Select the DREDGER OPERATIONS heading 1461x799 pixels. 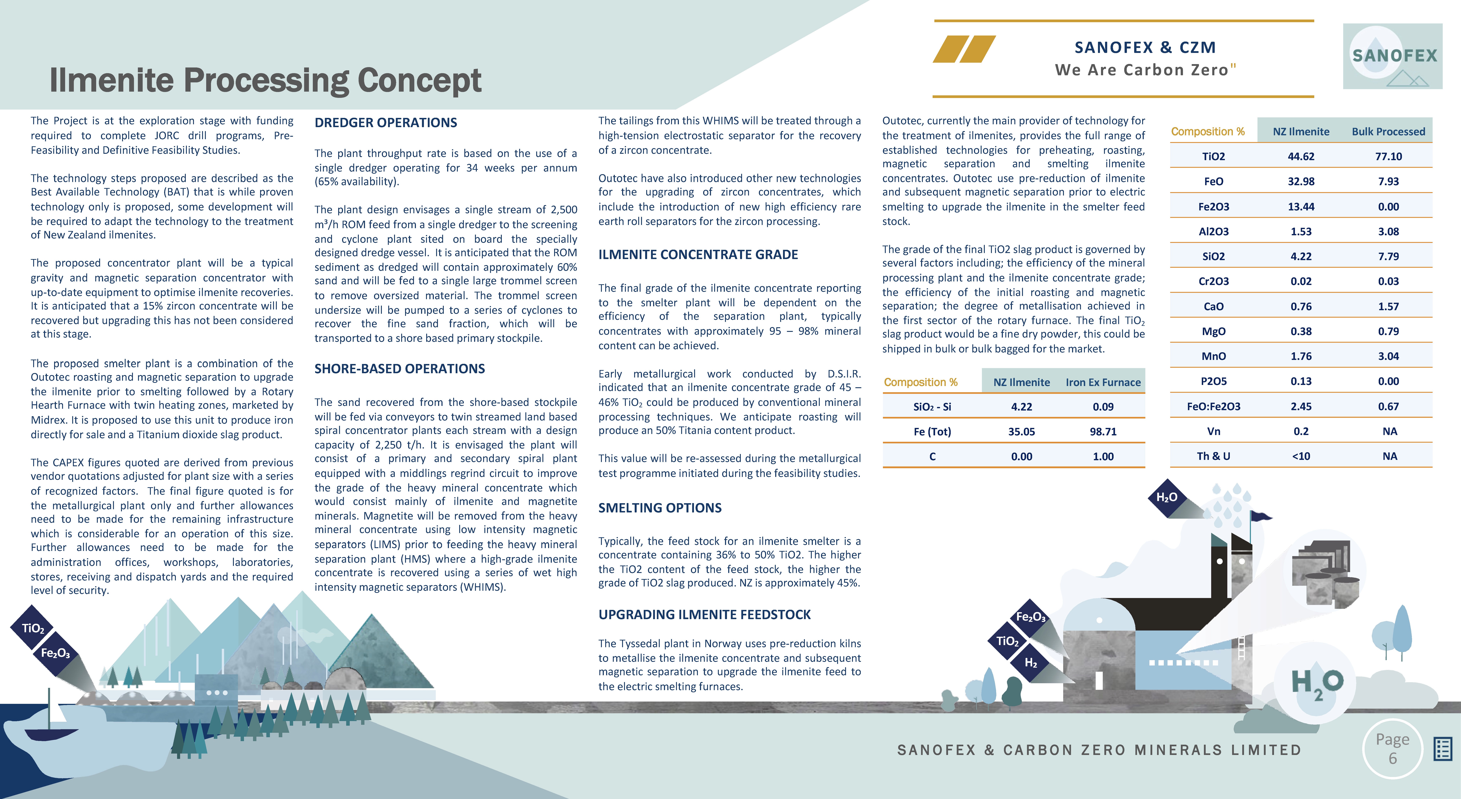pyautogui.click(x=386, y=123)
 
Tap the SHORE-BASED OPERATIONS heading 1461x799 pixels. pyautogui.click(x=399, y=369)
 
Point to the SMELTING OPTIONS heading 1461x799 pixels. pyautogui.click(x=660, y=508)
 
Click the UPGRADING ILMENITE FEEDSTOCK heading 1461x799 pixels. pyautogui.click(x=704, y=615)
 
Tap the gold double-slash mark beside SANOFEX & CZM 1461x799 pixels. pyautogui.click(x=964, y=49)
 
